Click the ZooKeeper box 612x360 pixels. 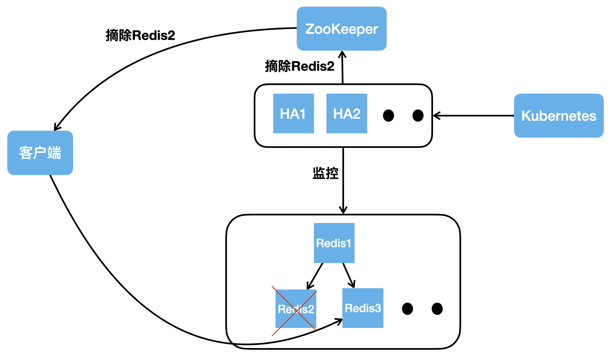pyautogui.click(x=341, y=29)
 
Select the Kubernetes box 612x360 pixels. pyautogui.click(x=558, y=115)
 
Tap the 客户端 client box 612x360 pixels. pyautogui.click(x=40, y=153)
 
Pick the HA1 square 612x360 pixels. pyautogui.click(x=293, y=113)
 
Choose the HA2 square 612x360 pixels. pyautogui.click(x=346, y=113)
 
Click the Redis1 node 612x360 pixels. pyautogui.click(x=334, y=243)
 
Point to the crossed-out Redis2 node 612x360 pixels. pyautogui.click(x=295, y=309)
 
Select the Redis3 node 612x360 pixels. pyautogui.click(x=363, y=308)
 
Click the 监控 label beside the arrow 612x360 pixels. pyautogui.click(x=325, y=173)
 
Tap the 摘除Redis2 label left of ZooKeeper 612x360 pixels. pyautogui.click(x=140, y=35)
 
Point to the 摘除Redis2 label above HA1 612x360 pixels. pyautogui.click(x=299, y=66)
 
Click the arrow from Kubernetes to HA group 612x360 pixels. pyautogui.click(x=473, y=115)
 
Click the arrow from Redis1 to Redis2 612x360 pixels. pyautogui.click(x=315, y=276)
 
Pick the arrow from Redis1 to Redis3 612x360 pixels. pyautogui.click(x=349, y=275)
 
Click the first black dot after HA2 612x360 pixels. pyautogui.click(x=388, y=115)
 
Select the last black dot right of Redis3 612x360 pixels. pyautogui.click(x=437, y=309)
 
